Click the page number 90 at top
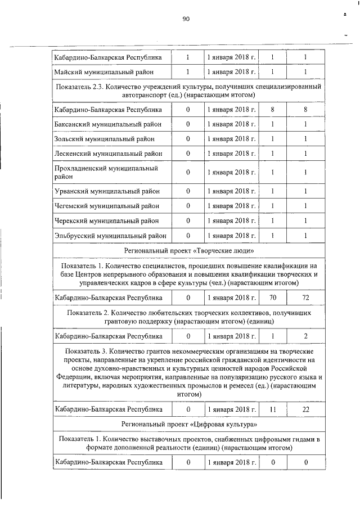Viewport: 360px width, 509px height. (x=186, y=19)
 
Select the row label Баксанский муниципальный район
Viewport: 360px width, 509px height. (x=108, y=124)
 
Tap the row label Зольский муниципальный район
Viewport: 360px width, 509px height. (x=103, y=138)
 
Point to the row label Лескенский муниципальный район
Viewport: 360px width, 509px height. (x=107, y=154)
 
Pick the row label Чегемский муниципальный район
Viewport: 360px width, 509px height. (x=106, y=206)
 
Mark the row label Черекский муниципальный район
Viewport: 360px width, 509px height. (x=106, y=220)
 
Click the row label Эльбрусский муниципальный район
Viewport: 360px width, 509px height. (x=110, y=235)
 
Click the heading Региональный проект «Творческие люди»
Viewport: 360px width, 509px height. (x=190, y=250)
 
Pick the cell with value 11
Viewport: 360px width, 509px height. (x=273, y=409)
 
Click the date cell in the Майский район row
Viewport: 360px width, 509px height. (x=232, y=72)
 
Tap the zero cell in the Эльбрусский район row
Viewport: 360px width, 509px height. (x=188, y=235)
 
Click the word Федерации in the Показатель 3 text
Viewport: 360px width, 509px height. (x=75, y=377)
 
